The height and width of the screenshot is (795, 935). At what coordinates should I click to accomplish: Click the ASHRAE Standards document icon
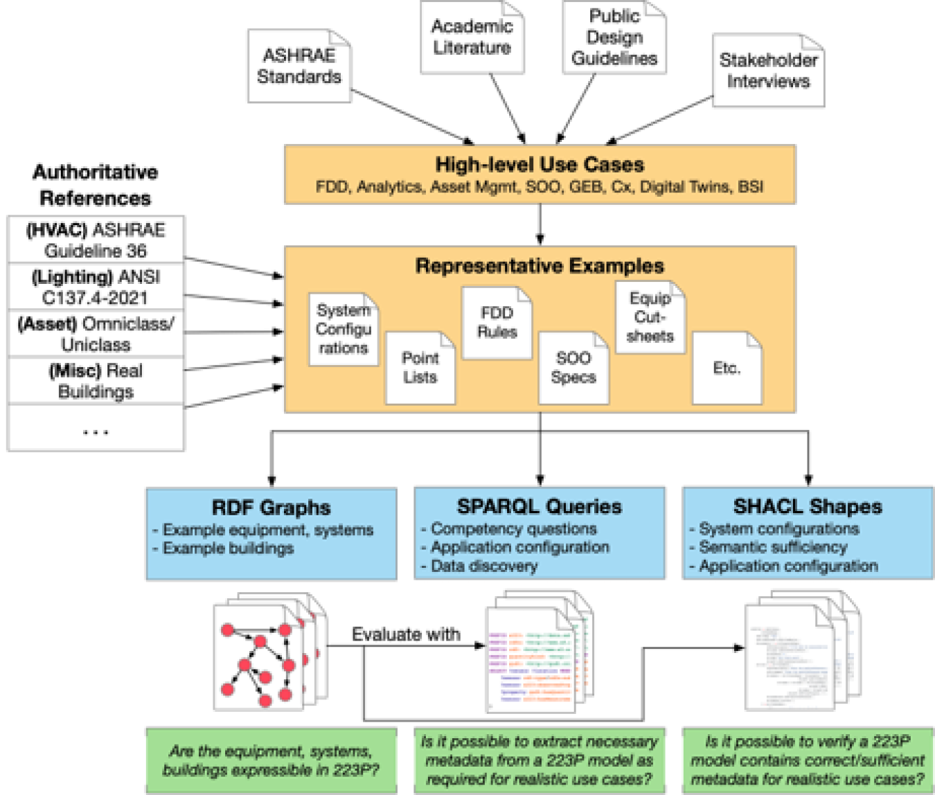(x=299, y=66)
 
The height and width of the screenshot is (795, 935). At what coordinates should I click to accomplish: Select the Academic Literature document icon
(x=472, y=37)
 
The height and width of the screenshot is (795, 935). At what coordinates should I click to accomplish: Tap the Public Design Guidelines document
(x=614, y=37)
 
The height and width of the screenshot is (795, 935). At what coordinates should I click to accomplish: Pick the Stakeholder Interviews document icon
(x=768, y=71)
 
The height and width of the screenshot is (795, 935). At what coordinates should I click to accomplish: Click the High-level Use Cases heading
(x=540, y=165)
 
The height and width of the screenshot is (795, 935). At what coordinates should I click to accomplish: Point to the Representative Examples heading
(x=540, y=266)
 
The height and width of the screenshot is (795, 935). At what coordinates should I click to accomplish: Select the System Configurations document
(x=344, y=330)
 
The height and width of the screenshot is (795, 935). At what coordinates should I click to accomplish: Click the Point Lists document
(x=420, y=368)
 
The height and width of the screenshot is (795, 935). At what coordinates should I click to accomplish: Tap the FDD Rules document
(x=497, y=323)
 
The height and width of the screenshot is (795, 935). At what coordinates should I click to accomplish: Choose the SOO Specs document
(x=573, y=368)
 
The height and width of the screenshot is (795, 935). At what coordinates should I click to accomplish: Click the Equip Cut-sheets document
(x=650, y=317)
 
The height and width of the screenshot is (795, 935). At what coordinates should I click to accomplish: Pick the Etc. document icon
(x=727, y=368)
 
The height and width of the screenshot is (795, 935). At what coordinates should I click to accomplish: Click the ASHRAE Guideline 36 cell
(x=96, y=240)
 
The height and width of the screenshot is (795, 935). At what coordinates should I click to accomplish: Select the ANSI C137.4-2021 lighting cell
(x=96, y=287)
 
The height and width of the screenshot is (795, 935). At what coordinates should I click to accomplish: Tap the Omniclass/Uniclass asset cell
(x=96, y=334)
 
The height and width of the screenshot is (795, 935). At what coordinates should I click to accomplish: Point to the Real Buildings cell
(x=96, y=381)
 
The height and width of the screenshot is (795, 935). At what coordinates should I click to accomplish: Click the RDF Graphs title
(x=271, y=508)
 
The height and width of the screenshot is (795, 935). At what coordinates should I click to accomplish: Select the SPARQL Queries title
(x=540, y=506)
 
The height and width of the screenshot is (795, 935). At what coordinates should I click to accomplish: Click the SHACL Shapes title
(x=808, y=506)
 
